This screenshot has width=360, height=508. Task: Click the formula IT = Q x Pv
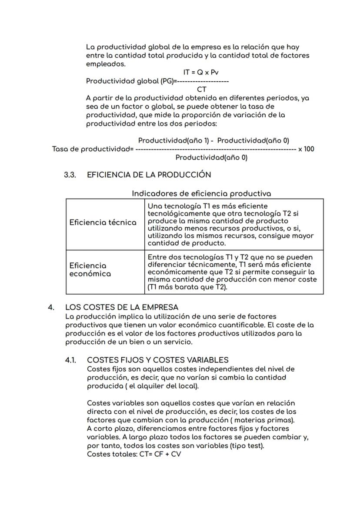point(200,73)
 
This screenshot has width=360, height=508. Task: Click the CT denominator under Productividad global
point(202,90)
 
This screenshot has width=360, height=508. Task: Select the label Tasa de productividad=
point(93,149)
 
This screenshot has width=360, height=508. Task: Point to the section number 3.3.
point(70,175)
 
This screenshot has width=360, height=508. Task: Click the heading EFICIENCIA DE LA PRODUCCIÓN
point(149,175)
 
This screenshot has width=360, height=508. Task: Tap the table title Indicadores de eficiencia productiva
point(201,193)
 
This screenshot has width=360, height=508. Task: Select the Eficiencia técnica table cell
point(103,222)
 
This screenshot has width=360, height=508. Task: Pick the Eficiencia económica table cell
point(90,269)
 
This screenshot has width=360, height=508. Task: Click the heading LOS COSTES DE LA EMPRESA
point(122,307)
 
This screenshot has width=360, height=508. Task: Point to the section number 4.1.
point(70,360)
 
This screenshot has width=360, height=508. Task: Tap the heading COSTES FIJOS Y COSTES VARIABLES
point(158,360)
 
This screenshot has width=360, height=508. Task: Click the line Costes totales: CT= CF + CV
point(134,454)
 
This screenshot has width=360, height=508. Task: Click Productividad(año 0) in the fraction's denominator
point(211,158)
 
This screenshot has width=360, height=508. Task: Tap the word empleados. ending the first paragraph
point(106,64)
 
